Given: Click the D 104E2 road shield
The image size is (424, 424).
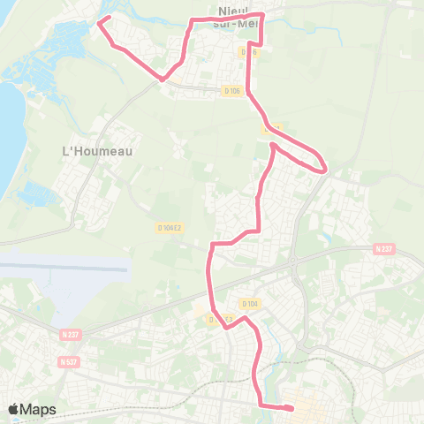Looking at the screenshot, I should tap(170, 228).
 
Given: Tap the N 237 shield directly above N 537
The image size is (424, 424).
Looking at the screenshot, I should tap(71, 335).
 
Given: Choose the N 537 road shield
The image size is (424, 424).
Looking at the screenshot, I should tap(68, 361).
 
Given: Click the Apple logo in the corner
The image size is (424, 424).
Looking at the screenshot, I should tap(13, 410).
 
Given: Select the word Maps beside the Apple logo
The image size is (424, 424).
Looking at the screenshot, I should tap(39, 410).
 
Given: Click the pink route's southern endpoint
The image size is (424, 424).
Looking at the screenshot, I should tap(292, 407).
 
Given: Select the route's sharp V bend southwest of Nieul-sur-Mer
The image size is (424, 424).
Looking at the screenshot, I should tap(162, 79).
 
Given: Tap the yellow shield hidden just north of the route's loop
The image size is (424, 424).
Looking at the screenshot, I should tap(273, 128).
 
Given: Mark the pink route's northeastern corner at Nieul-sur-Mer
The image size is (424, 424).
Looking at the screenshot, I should tap(263, 15).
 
